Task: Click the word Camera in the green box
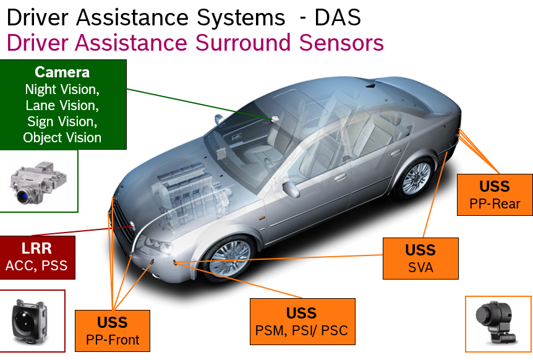click(x=62, y=72)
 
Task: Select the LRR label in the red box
click(x=36, y=249)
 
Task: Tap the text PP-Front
click(x=113, y=340)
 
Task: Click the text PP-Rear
click(x=495, y=204)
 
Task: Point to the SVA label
click(x=421, y=268)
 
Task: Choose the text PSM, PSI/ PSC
click(x=302, y=330)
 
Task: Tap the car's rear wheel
click(x=415, y=178)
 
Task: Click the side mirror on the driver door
click(x=291, y=189)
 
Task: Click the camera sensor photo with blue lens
click(x=38, y=183)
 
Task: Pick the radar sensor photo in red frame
click(x=29, y=322)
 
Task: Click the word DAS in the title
click(x=338, y=17)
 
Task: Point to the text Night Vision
click(x=62, y=90)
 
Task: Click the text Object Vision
click(x=62, y=138)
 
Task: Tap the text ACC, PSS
click(x=36, y=265)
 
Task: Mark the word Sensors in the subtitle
click(x=341, y=43)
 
